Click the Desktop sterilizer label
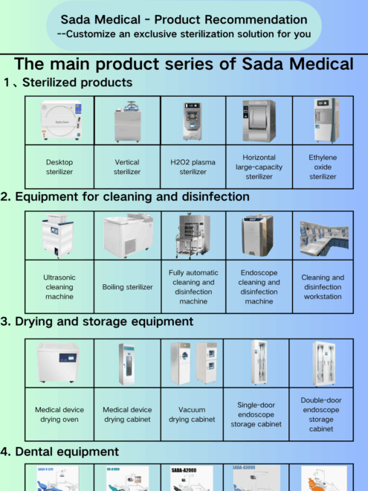point(59,167)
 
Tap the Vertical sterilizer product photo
point(127,121)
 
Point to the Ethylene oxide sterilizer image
point(323,121)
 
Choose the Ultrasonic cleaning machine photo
point(59,235)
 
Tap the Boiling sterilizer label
point(127,286)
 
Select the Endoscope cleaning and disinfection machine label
point(259,286)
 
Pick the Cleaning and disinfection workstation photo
point(323,235)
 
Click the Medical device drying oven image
point(59,363)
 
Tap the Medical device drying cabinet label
point(127,414)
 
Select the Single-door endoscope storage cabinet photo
point(259,363)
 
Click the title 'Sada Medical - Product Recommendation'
point(184,19)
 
